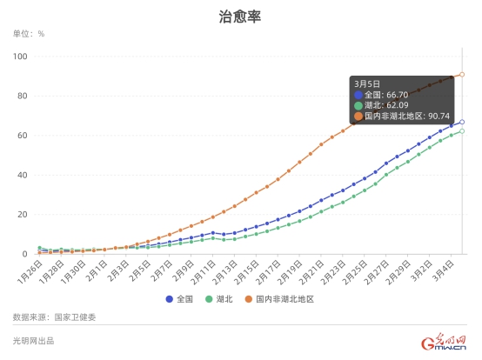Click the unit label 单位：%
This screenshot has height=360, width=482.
29,34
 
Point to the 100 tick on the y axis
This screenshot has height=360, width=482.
21,57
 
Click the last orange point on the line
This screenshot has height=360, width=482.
462,75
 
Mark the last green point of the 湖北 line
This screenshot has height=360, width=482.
462,131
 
